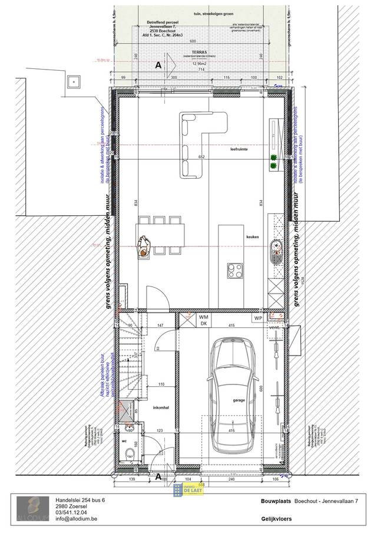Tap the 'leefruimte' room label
(x=239, y=150)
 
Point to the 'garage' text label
(x=238, y=399)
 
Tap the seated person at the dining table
(x=143, y=246)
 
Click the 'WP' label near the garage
(x=258, y=318)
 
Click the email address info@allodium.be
(x=76, y=520)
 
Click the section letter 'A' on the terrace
(x=158, y=66)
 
